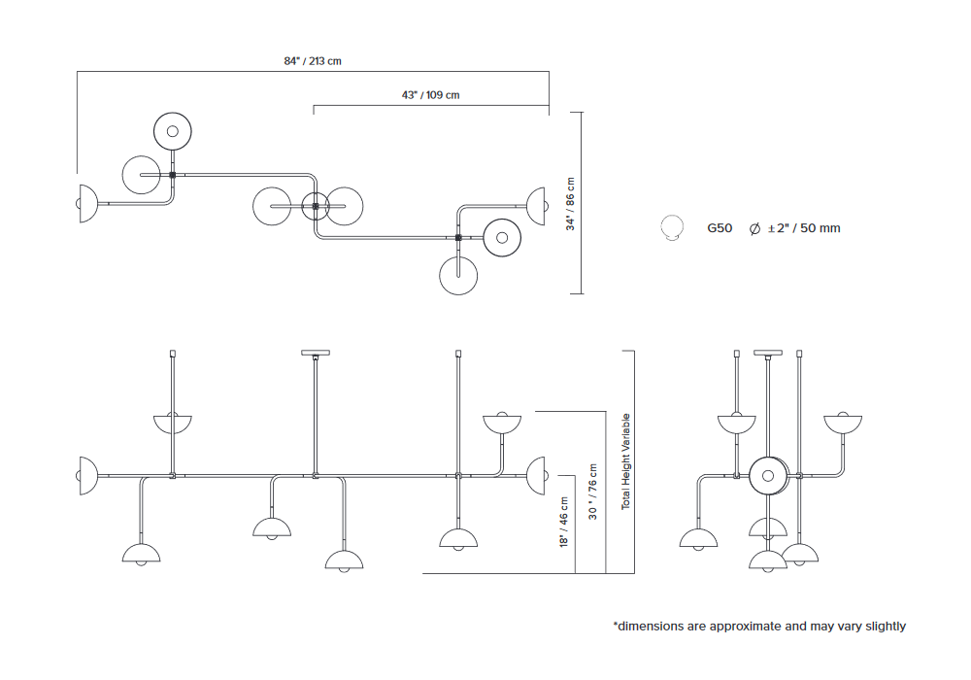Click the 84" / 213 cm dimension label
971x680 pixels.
tap(313, 61)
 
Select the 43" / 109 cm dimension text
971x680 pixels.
tap(430, 95)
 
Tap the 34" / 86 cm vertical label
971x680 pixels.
tap(571, 203)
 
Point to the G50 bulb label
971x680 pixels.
tap(720, 228)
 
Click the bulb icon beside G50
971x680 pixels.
tap(670, 228)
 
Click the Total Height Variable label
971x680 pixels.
tap(626, 461)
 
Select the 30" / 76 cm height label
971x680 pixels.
tap(593, 492)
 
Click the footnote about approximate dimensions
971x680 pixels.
tap(759, 627)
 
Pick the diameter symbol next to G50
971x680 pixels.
tap(753, 228)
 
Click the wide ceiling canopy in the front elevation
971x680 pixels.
tap(316, 353)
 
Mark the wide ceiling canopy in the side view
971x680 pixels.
tap(767, 353)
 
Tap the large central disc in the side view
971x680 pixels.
tap(768, 475)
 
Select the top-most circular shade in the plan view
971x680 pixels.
tap(173, 131)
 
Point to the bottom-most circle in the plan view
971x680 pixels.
tap(458, 275)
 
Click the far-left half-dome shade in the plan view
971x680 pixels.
tap(86, 203)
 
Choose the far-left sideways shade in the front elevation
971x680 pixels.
tap(86, 475)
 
